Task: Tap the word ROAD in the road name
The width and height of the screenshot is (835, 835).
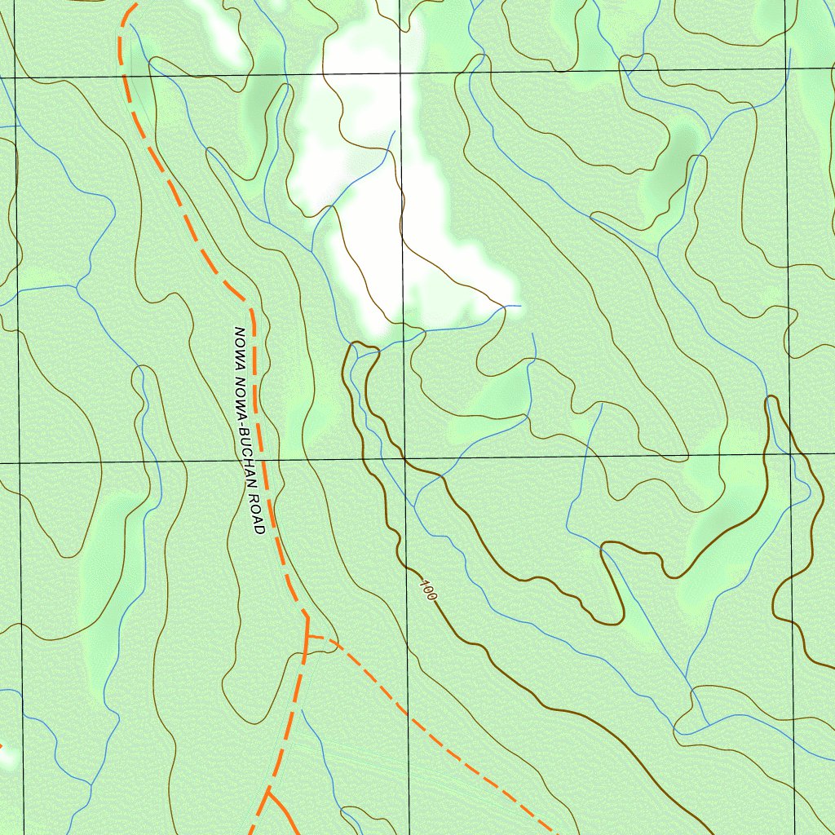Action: [255, 515]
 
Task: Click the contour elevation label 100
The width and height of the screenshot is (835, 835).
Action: [429, 591]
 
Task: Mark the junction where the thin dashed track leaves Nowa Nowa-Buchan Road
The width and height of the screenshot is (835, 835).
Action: [307, 635]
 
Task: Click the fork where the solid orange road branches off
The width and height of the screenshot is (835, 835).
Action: [267, 790]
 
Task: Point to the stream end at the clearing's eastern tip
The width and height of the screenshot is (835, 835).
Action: [519, 307]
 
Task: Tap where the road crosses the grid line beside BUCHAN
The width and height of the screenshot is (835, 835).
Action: [264, 462]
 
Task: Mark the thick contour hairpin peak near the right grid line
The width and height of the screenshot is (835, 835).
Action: [771, 399]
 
